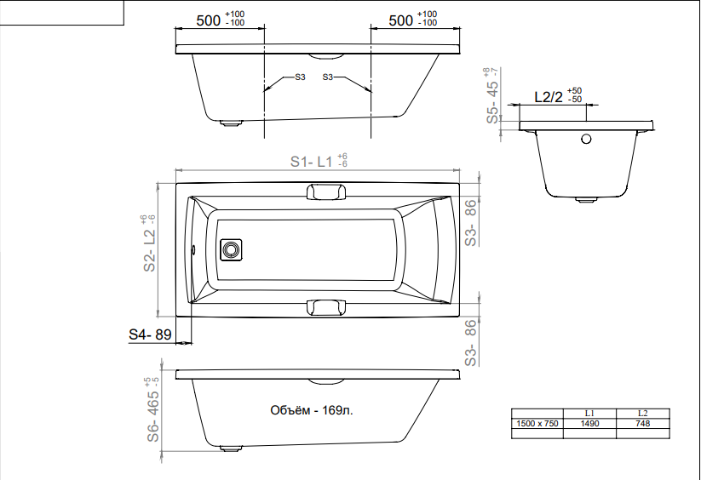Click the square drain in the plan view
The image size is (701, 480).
231,249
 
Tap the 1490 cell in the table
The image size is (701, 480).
589,423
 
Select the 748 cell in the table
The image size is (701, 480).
642,423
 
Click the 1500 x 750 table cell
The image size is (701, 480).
537,423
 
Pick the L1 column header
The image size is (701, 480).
589,413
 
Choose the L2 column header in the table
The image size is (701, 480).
642,413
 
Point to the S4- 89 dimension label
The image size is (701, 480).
150,334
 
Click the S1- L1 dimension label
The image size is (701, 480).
319,161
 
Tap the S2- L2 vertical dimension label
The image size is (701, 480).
149,243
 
